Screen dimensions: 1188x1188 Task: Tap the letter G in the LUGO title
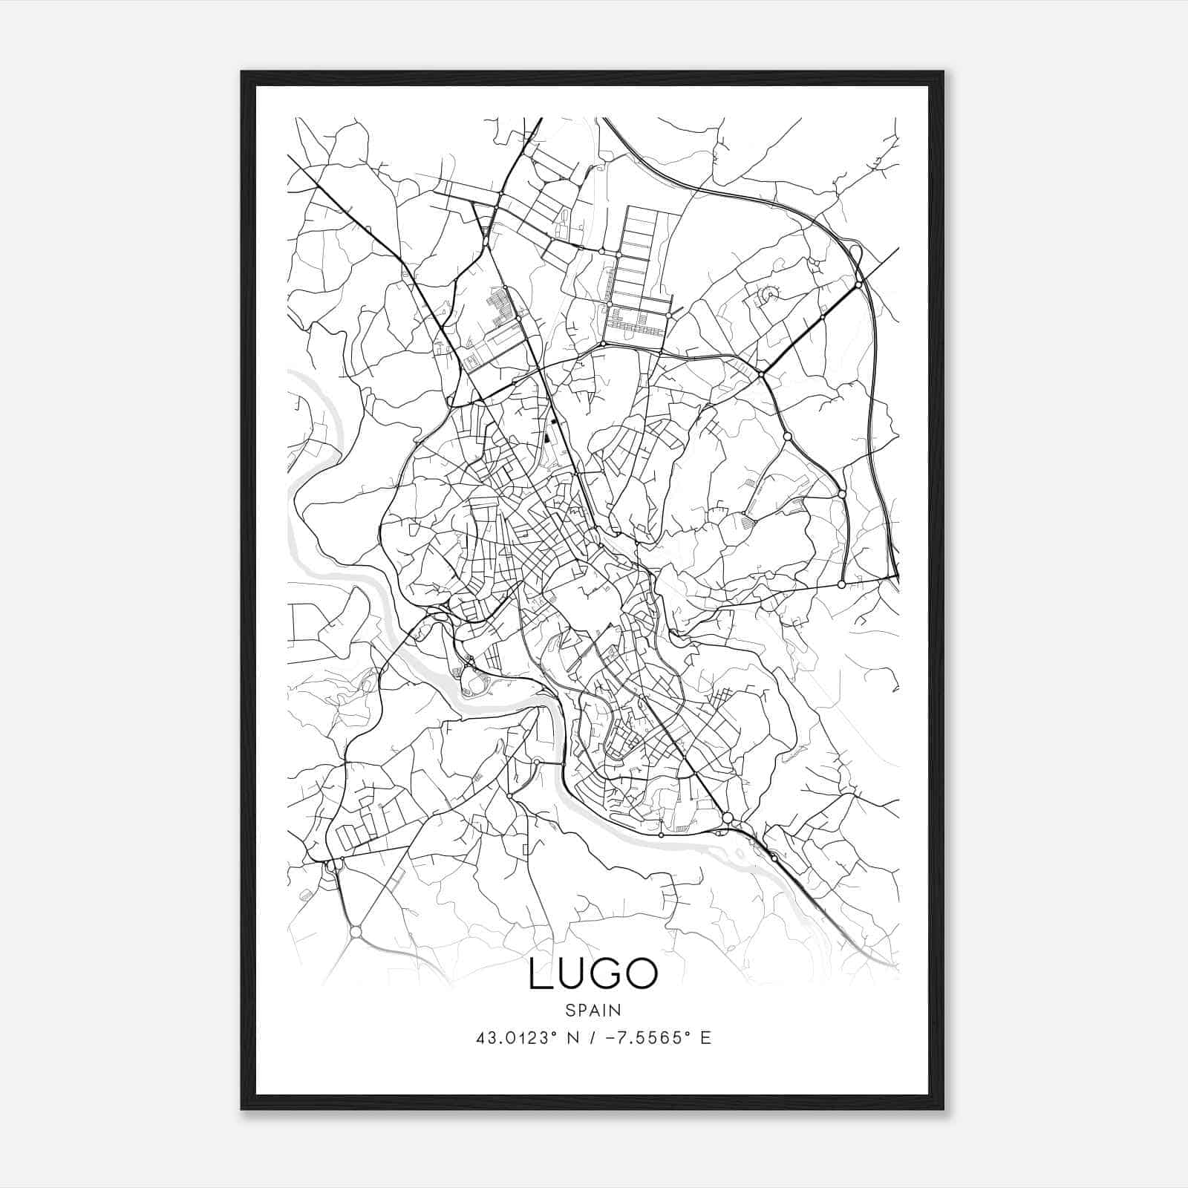coord(603,974)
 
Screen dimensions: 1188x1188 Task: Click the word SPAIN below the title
coord(593,1011)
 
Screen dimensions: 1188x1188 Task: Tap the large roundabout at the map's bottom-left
coord(356,931)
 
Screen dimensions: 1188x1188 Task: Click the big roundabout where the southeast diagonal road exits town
coord(728,817)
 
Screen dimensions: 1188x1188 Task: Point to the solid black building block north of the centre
coord(548,438)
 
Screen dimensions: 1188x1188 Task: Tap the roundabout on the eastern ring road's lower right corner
coord(841,585)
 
